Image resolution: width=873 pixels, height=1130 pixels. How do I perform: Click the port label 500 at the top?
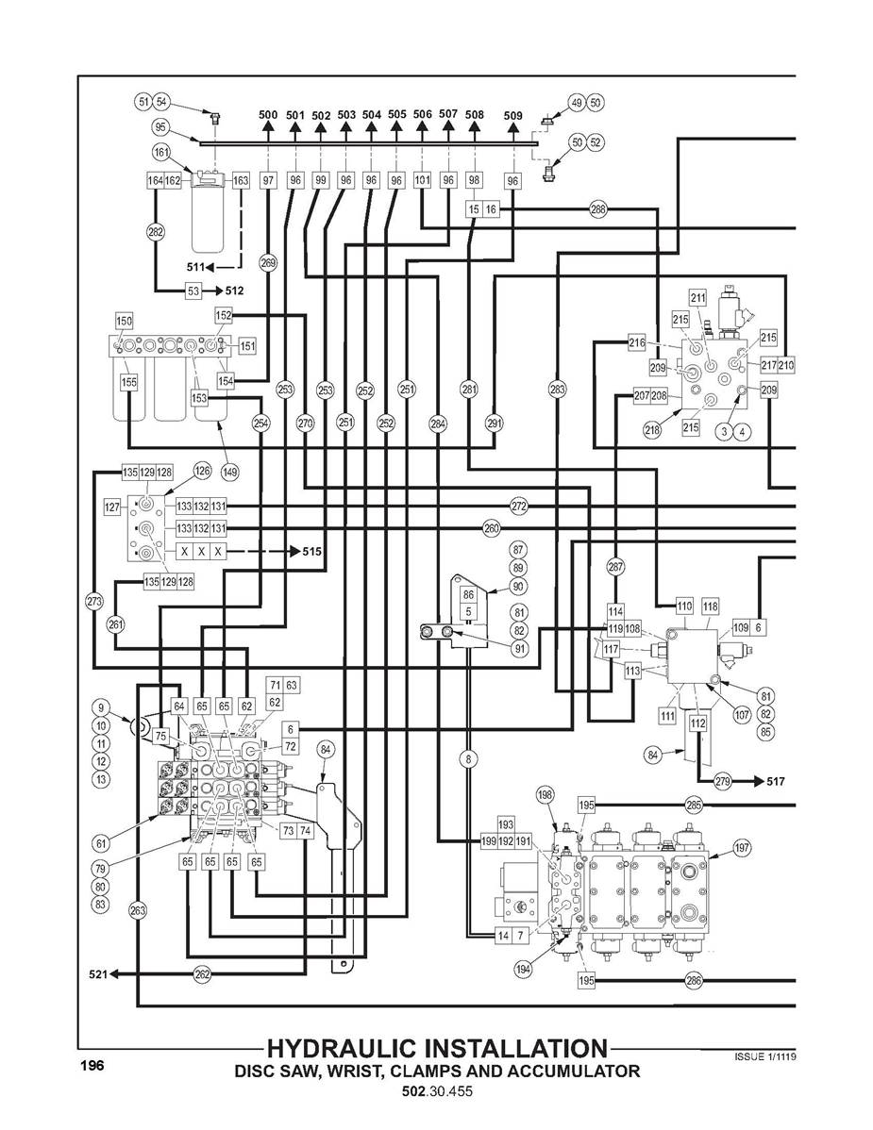coord(267,114)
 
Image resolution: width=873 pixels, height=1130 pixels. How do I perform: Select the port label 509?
coord(512,115)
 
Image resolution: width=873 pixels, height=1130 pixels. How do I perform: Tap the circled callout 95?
coord(160,127)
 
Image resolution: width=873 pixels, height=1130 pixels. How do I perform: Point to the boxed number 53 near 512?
coord(193,291)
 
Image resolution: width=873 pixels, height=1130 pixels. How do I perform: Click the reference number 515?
coord(312,552)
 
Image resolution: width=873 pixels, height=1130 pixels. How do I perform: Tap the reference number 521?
coord(97,974)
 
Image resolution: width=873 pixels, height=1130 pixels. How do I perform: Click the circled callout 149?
coord(229,472)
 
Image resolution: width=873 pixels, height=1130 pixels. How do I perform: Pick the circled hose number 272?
coord(519,507)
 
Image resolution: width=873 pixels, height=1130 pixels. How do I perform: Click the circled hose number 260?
coord(491,529)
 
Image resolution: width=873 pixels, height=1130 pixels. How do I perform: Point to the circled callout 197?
coord(742,848)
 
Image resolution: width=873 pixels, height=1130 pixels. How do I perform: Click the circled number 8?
coord(468,758)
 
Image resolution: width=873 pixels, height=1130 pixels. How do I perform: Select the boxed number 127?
coord(111,507)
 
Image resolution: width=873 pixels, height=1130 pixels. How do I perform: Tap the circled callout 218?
coord(652,430)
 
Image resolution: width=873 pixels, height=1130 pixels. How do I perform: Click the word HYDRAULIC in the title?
coord(342,1049)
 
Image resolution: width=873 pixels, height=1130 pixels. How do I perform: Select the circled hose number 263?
coord(137,910)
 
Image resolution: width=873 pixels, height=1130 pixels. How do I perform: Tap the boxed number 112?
coord(697,723)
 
